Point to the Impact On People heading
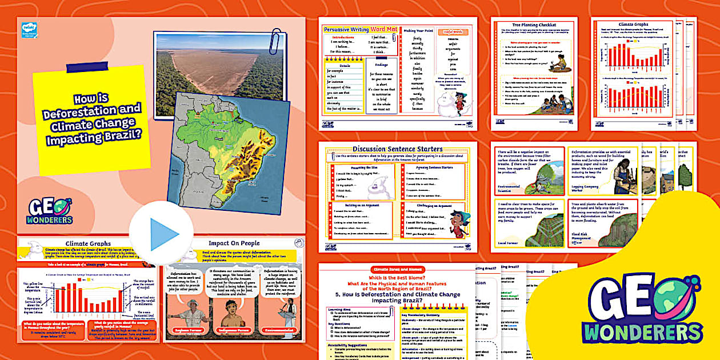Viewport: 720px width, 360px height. (234, 243)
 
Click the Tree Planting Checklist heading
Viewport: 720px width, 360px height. (533, 24)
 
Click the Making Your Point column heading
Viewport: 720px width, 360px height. (419, 31)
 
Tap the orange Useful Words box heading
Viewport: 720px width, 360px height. (453, 33)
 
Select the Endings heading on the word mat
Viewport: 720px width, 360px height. (381, 65)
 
